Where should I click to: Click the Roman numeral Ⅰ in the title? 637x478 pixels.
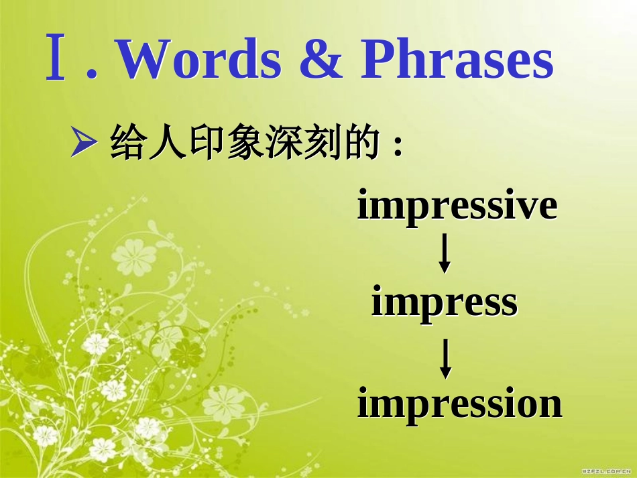pos(57,60)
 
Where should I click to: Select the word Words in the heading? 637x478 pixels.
pos(200,60)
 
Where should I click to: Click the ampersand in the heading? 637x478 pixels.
pos(320,60)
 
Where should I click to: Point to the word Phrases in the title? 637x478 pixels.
pos(457,60)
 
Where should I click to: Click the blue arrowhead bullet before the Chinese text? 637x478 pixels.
pos(80,143)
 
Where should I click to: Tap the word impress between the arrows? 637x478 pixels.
pos(445,302)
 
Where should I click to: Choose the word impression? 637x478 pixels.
pos(459,404)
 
